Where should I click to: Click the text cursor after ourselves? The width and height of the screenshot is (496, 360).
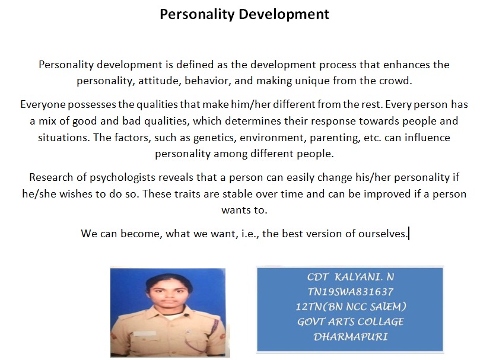[x=409, y=234]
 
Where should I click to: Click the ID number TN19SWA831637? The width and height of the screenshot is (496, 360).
[x=351, y=292]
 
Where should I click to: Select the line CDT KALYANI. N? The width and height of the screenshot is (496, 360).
[x=351, y=277]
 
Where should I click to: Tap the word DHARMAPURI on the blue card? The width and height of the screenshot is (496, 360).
[x=351, y=337]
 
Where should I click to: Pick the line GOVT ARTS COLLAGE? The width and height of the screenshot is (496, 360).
[x=351, y=321]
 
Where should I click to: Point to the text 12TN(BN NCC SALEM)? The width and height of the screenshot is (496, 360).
[x=351, y=307]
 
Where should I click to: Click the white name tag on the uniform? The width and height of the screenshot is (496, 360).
[x=145, y=333]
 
